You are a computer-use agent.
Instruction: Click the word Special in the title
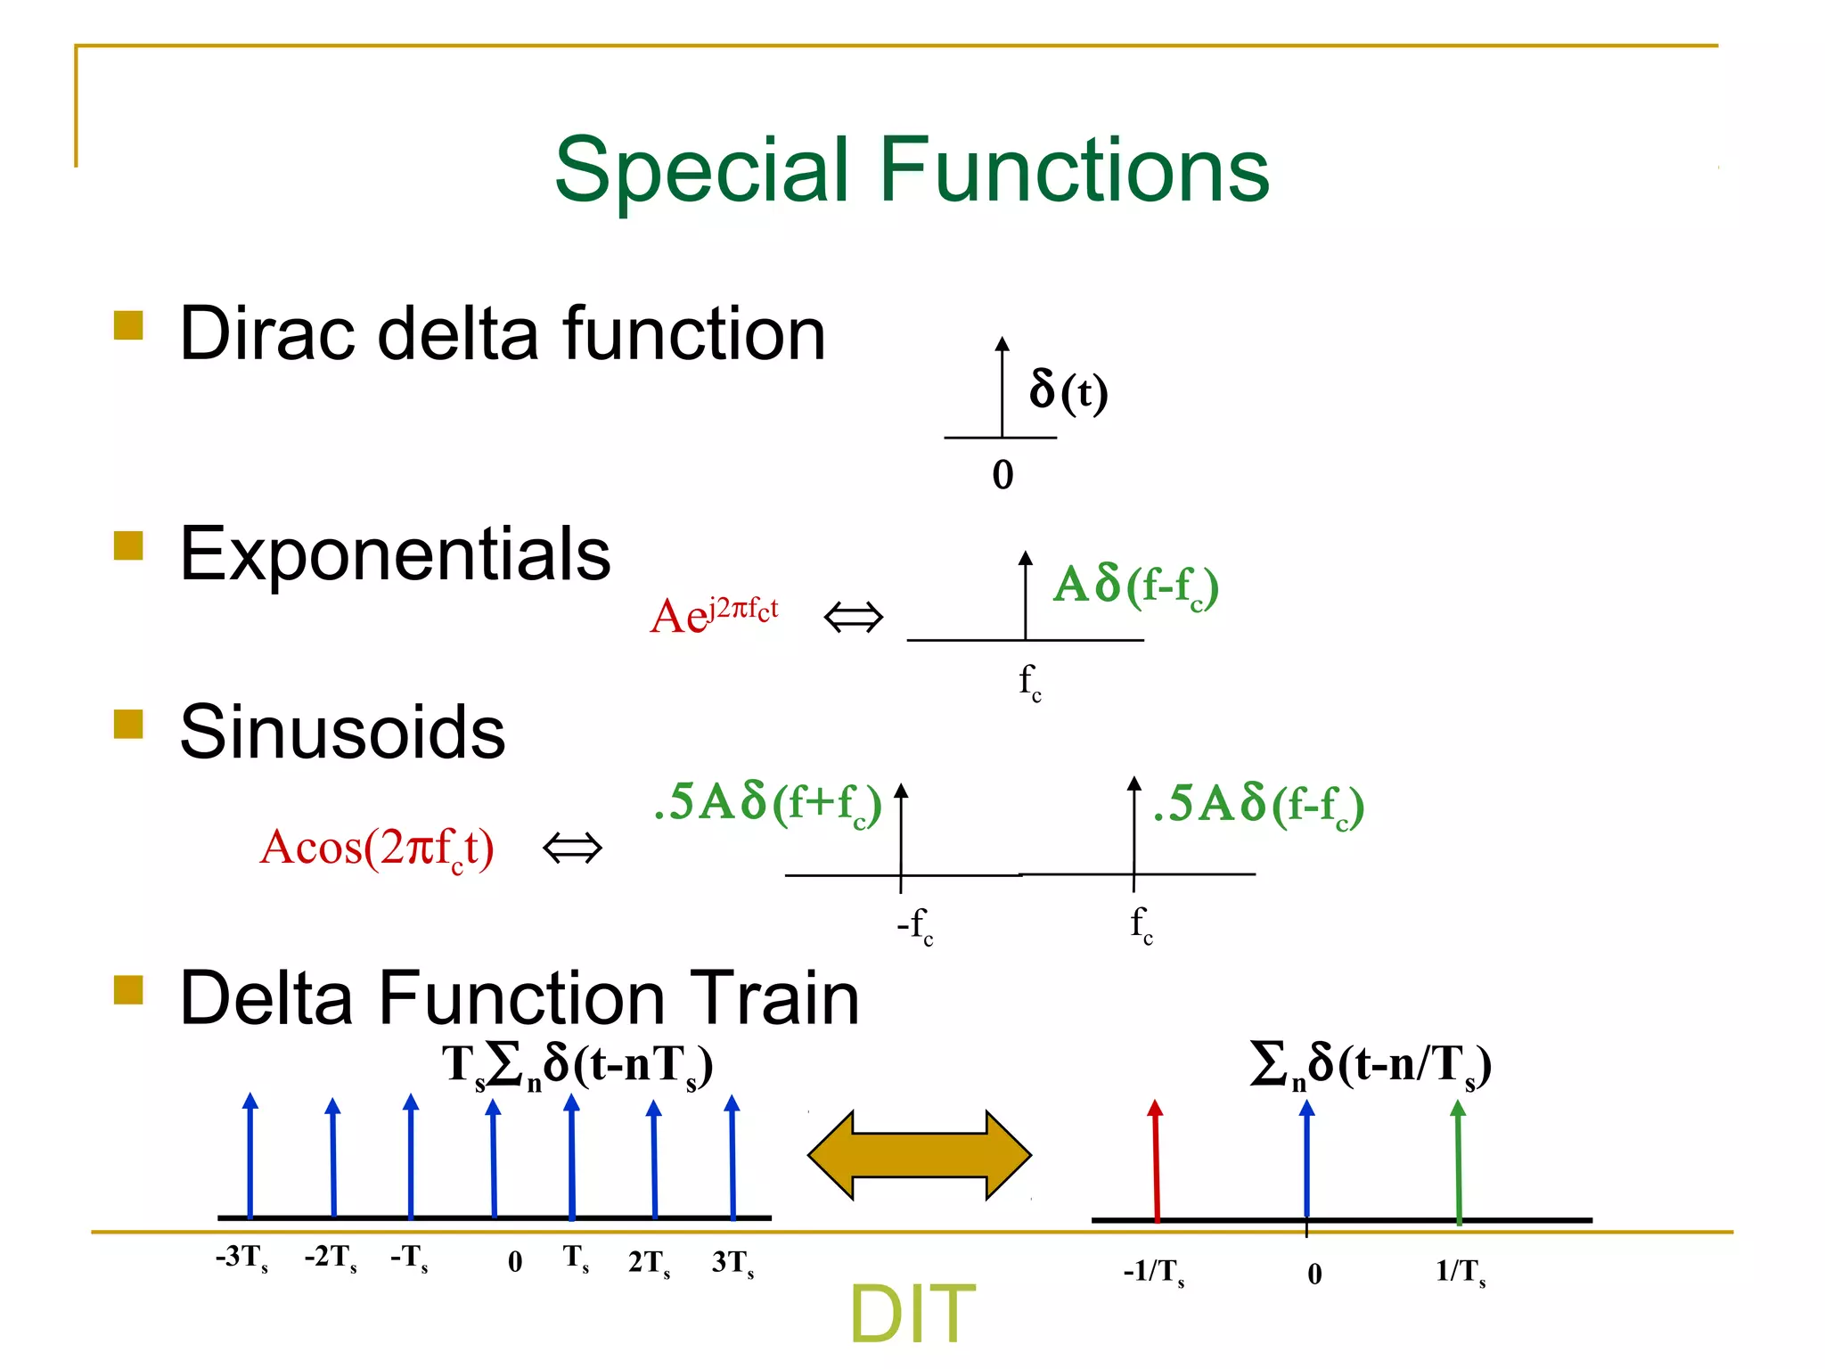point(708,171)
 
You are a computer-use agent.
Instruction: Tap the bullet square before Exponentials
point(129,545)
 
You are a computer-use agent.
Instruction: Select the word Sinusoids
point(342,733)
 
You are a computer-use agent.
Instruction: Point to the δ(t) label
point(1068,390)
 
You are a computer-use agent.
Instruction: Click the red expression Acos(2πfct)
point(376,848)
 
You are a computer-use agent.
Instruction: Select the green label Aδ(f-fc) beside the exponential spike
point(1135,586)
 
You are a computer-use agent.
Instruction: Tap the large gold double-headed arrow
point(919,1155)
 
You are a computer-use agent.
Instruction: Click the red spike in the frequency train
point(1156,1159)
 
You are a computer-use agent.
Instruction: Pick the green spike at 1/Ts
point(1458,1159)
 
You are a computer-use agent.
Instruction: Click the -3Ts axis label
point(241,1258)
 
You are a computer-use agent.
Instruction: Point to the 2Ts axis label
point(649,1263)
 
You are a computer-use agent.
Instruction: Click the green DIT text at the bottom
point(912,1314)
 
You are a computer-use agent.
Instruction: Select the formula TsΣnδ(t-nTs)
point(577,1066)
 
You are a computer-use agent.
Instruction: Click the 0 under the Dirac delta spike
point(1003,474)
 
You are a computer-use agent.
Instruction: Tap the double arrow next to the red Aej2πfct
point(853,617)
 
